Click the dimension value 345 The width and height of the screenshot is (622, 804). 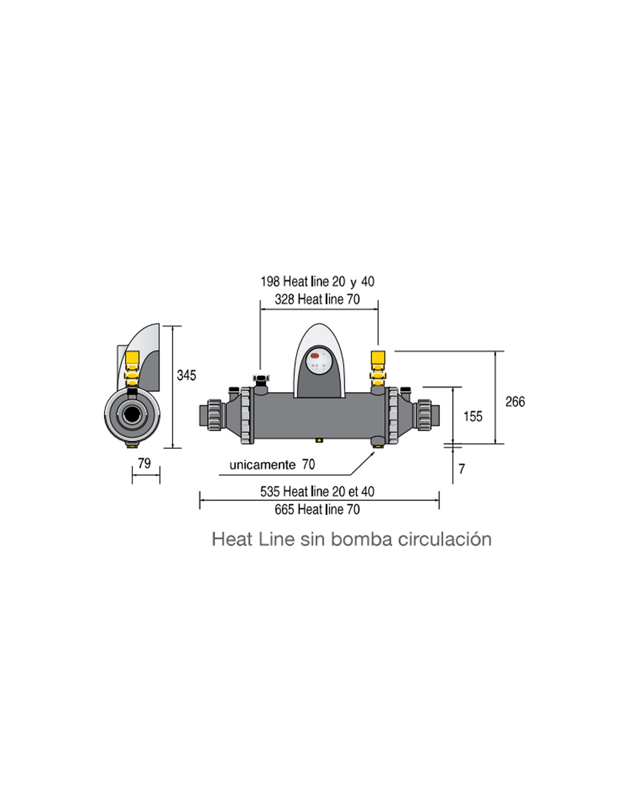[186, 375]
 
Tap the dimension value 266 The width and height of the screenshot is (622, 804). [515, 402]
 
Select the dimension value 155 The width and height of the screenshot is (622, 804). [473, 417]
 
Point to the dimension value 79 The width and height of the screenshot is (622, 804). [144, 463]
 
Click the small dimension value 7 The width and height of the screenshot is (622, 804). [461, 469]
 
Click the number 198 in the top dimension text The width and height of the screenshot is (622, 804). [270, 282]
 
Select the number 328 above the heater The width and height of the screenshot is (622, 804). [284, 299]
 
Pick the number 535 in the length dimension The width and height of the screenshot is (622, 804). [270, 492]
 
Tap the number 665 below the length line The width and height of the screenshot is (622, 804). [284, 509]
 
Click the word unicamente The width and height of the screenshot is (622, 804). [262, 465]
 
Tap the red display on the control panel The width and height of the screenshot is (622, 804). [315, 356]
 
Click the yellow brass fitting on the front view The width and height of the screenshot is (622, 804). [378, 369]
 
